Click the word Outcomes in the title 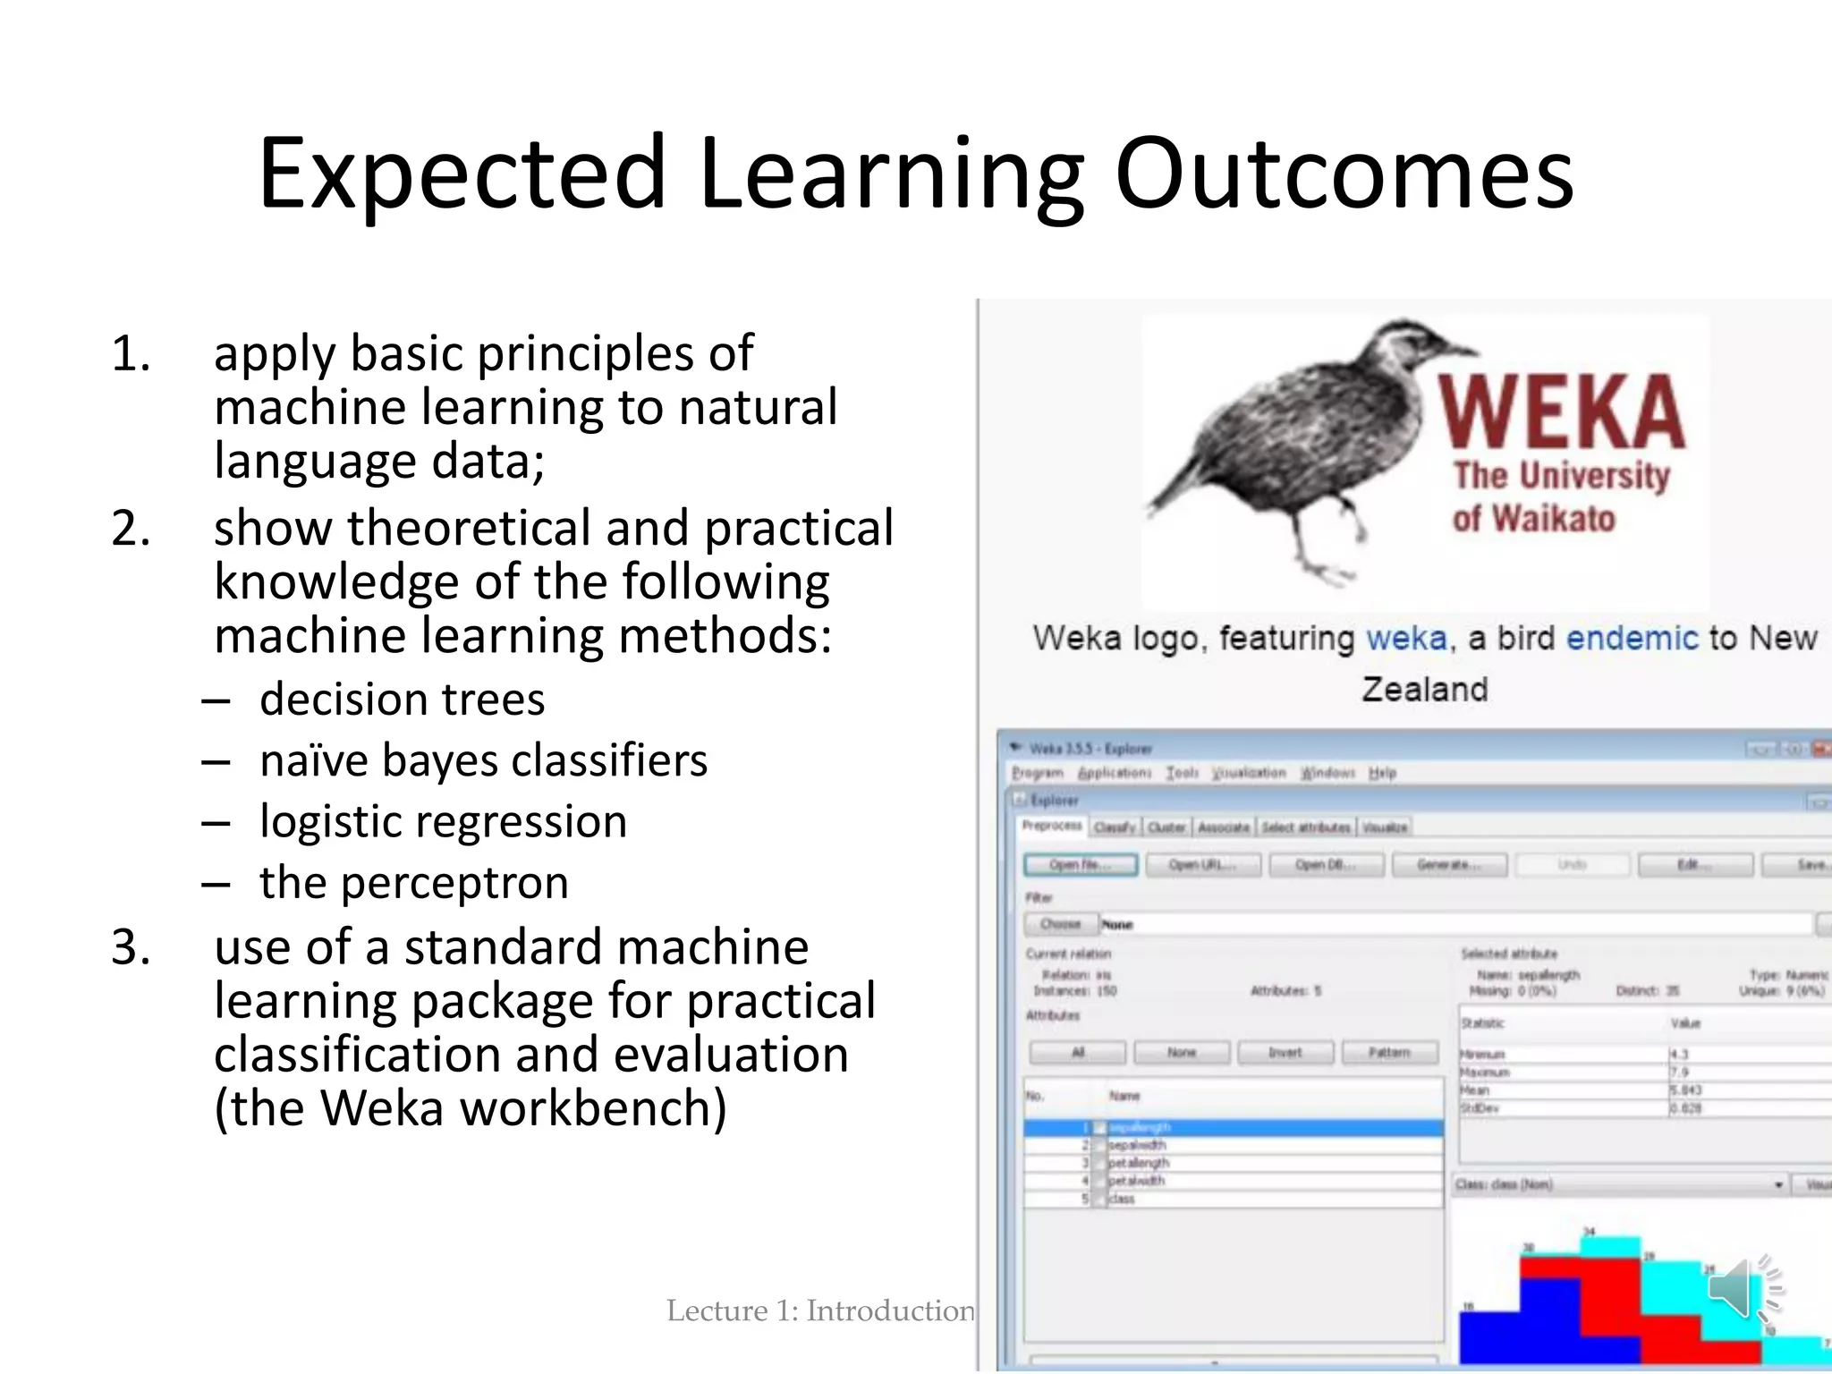[1344, 174]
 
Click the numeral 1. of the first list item [131, 353]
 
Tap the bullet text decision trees [402, 699]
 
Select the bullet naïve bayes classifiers [483, 760]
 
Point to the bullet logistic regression [443, 821]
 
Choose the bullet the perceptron [413, 883]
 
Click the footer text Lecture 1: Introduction [819, 1310]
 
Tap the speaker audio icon [1740, 1288]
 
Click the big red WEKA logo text [1561, 411]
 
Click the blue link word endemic [1632, 639]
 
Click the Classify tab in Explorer [1114, 827]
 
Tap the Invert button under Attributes [1285, 1053]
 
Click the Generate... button [1448, 865]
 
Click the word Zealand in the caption [1424, 690]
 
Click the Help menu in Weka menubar [1382, 773]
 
